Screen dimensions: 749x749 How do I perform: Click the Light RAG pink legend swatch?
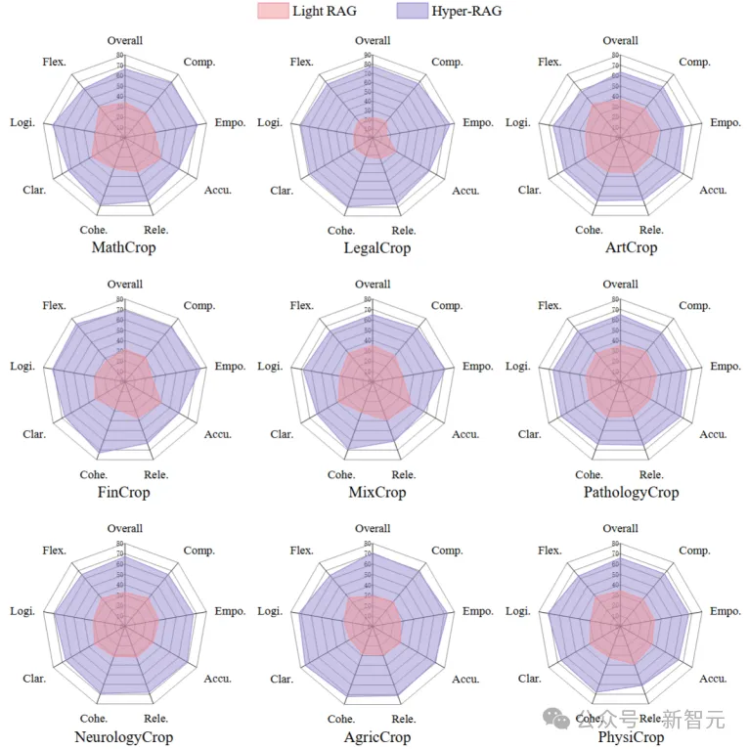point(273,11)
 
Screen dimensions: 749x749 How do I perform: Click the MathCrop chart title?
point(123,247)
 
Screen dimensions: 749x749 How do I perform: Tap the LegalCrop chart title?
point(376,247)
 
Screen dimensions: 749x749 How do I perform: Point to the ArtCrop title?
point(631,247)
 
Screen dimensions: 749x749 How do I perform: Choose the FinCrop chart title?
point(123,492)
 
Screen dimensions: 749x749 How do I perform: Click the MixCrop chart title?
point(376,492)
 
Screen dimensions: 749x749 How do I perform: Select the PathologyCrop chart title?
point(631,492)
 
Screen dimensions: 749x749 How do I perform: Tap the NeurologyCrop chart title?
point(123,736)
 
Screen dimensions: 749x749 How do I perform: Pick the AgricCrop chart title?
point(376,736)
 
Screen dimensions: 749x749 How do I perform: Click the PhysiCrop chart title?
point(631,736)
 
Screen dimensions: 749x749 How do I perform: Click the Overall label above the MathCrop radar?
point(124,41)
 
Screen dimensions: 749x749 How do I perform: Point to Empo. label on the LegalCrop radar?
point(478,122)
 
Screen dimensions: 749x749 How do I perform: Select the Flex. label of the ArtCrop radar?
point(550,63)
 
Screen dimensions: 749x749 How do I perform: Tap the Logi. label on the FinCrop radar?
point(22,367)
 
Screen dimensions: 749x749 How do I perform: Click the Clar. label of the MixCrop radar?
point(282,434)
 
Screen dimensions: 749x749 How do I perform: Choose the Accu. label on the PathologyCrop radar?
point(713,434)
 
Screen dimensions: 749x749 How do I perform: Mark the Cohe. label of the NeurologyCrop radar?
point(94,719)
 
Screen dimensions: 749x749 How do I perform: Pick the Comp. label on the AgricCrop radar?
point(447,551)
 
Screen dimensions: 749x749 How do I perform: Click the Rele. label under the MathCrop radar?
point(156,231)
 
